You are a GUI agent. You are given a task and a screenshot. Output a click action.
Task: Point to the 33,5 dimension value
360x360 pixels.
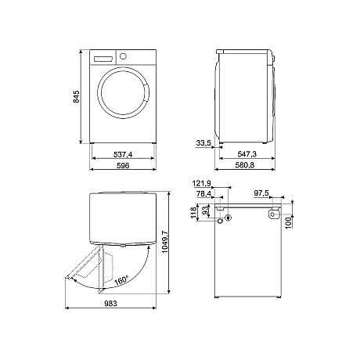pos(204,144)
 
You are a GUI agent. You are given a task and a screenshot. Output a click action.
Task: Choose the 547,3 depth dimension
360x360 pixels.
pos(247,155)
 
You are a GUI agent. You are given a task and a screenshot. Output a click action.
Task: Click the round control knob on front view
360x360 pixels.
pos(122,56)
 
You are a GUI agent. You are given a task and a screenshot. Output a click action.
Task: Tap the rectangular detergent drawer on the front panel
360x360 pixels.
pos(103,59)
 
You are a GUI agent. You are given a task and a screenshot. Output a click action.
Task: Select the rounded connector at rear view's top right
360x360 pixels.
pos(274,213)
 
